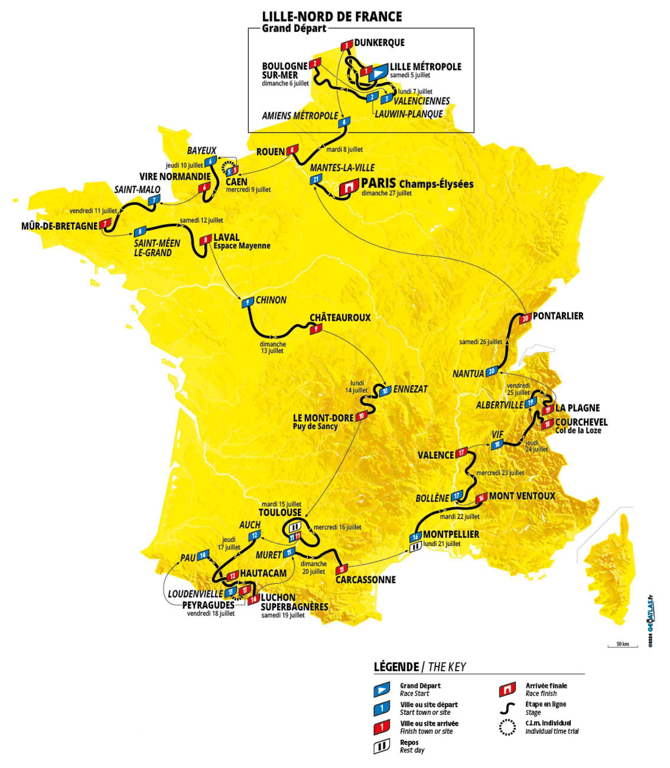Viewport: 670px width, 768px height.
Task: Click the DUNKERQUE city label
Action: coord(380,43)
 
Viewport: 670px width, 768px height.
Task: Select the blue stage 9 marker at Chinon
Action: coord(247,303)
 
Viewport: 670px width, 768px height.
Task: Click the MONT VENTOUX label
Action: coord(522,496)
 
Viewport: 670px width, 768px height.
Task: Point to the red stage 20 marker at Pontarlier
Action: coord(525,318)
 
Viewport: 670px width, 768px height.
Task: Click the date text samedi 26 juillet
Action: coord(481,341)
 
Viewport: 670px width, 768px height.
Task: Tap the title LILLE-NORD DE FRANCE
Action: coord(332,16)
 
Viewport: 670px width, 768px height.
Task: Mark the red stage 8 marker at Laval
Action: coord(206,239)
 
